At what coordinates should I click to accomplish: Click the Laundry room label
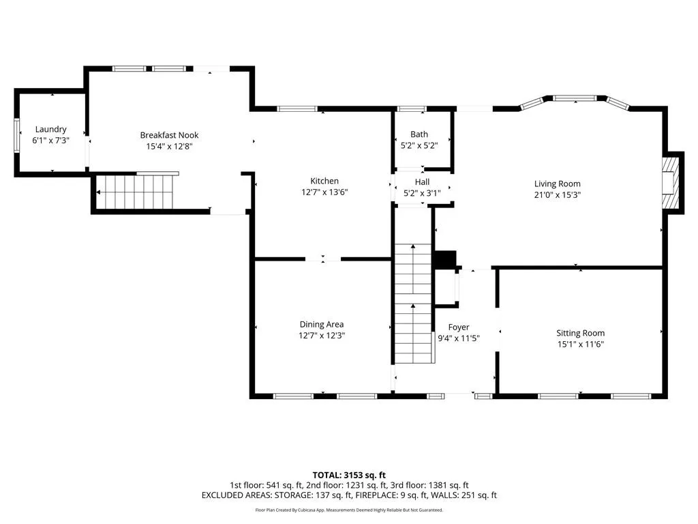[50, 129]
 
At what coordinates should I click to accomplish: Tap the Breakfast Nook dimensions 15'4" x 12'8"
[169, 146]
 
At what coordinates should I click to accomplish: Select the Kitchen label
[324, 181]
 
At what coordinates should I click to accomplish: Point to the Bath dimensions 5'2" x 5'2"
[419, 145]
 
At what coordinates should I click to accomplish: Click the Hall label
[422, 181]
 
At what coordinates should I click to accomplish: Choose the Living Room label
[558, 184]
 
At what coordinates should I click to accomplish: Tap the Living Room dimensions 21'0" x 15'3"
[558, 194]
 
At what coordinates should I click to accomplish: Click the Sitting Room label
[581, 333]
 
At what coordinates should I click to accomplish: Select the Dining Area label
[322, 324]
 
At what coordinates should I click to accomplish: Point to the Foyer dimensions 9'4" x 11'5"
[459, 338]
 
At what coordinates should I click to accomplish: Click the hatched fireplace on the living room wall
[671, 183]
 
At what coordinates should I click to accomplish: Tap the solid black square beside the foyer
[445, 260]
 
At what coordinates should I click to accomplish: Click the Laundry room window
[17, 136]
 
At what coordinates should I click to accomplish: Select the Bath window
[411, 108]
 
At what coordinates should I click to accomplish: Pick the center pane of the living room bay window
[575, 98]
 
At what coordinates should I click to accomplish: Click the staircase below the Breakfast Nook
[136, 192]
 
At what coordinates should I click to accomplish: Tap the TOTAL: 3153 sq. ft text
[349, 475]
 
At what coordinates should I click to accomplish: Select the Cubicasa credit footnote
[349, 510]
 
